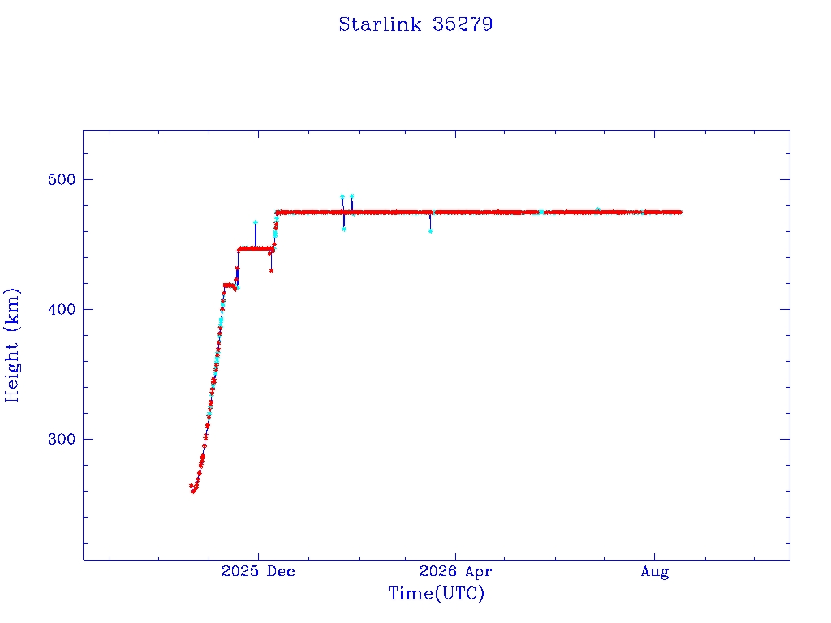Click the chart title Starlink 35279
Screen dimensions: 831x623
(x=415, y=24)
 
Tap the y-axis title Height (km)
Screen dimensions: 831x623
(x=11, y=345)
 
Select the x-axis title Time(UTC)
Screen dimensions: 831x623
(x=436, y=593)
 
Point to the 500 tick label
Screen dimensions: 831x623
(x=62, y=179)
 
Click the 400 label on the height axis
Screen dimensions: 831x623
(x=62, y=309)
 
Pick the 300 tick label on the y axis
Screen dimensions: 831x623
(x=62, y=439)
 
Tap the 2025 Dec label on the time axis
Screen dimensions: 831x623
(x=258, y=571)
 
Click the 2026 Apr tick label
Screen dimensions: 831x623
(x=456, y=571)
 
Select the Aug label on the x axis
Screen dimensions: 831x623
(x=655, y=572)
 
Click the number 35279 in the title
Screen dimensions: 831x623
(x=463, y=24)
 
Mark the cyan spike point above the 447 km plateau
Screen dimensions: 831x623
(x=256, y=222)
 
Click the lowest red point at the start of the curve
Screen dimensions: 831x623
(x=193, y=492)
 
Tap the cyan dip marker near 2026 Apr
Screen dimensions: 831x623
(x=430, y=231)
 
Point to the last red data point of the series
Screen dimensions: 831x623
(x=681, y=213)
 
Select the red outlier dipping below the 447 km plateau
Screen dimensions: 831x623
(x=271, y=271)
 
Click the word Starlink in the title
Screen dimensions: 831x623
(x=380, y=24)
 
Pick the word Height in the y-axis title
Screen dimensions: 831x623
(x=11, y=372)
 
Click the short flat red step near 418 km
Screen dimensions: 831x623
(x=230, y=286)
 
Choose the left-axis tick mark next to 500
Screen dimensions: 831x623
(x=88, y=179)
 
